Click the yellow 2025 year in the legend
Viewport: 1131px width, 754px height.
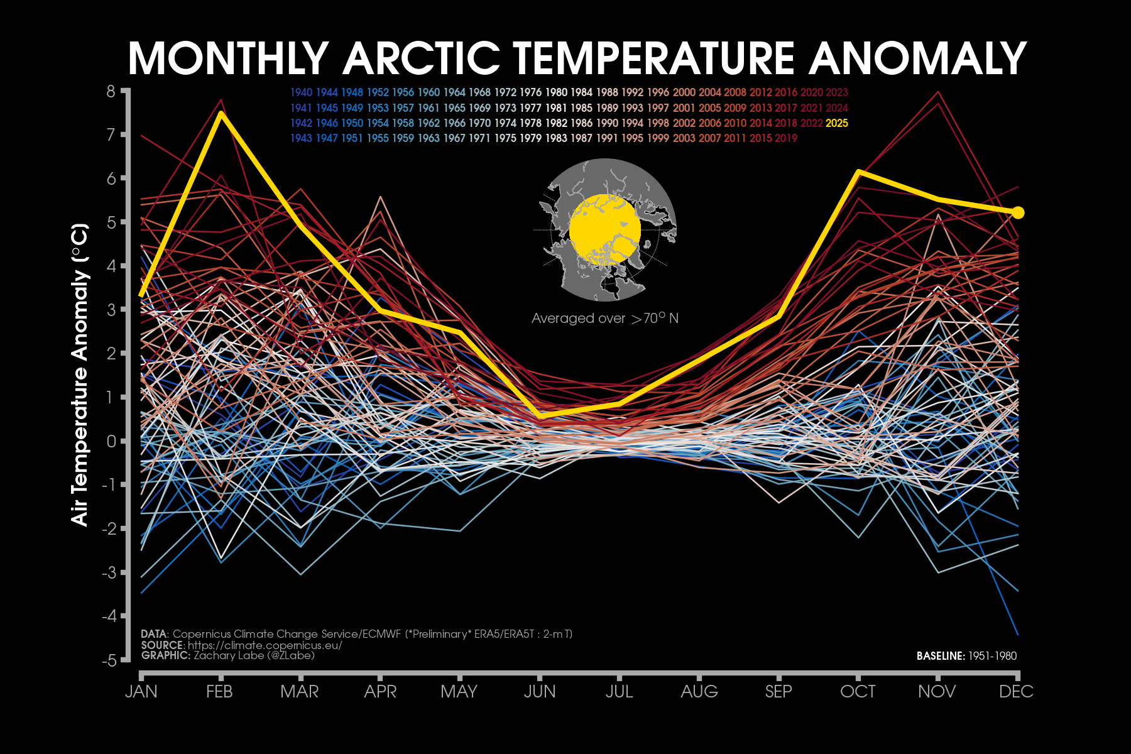[x=836, y=123]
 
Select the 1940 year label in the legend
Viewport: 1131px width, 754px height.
[x=301, y=92]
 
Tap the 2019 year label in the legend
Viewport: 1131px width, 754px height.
[x=785, y=138]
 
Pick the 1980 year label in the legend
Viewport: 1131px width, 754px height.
[x=556, y=92]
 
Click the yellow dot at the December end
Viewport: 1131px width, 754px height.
[x=1018, y=213]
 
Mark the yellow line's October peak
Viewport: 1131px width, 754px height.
[x=858, y=172]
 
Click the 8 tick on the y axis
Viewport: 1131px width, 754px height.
[x=111, y=92]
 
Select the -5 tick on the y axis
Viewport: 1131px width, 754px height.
[x=109, y=660]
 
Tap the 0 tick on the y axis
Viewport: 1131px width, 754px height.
[x=111, y=441]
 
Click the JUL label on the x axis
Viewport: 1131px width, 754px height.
[x=619, y=692]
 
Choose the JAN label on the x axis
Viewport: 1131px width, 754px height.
[x=141, y=692]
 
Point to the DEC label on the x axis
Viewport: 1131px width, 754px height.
[x=1016, y=692]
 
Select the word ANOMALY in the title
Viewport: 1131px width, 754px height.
[x=917, y=58]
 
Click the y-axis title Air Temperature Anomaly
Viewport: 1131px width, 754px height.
[x=80, y=374]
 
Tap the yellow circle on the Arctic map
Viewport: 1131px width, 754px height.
[x=604, y=229]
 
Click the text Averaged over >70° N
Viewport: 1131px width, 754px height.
[x=604, y=319]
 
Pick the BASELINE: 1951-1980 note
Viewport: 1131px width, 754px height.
[x=966, y=656]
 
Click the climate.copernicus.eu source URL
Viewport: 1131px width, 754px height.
[x=265, y=645]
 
